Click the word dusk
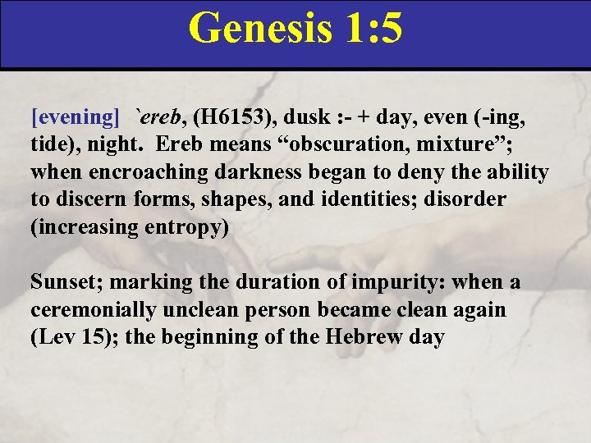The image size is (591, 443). coord(313,117)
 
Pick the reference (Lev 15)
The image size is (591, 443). coord(64,338)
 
